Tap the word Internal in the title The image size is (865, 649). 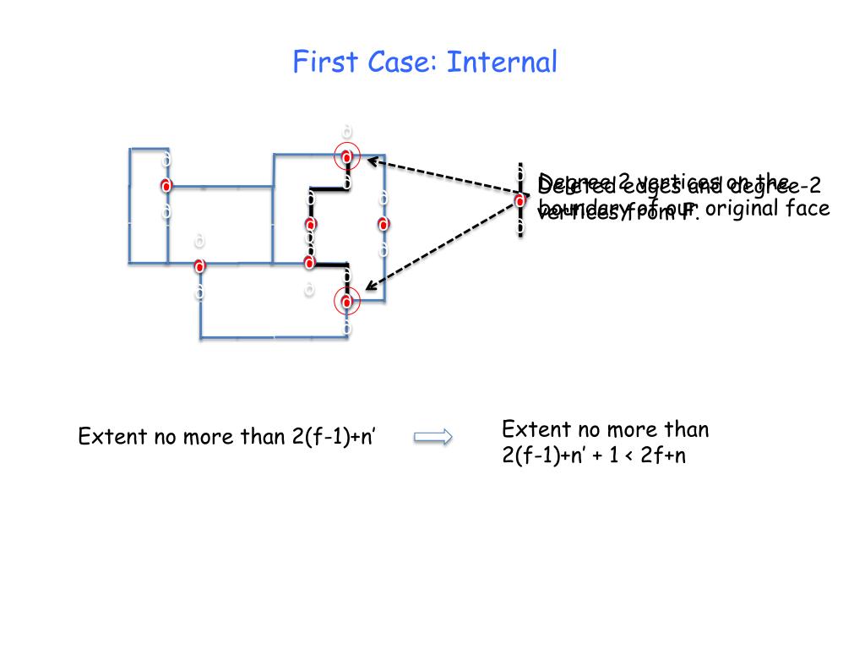pos(503,62)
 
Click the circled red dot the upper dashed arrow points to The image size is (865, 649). pos(347,155)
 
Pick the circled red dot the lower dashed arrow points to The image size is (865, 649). pos(347,300)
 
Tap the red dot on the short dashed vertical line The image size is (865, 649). pos(520,200)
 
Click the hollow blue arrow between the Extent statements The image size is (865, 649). pos(433,436)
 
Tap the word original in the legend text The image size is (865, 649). pos(741,208)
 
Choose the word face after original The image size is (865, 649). pos(808,208)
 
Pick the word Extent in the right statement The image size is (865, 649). pos(531,429)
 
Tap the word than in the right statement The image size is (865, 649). pos(684,429)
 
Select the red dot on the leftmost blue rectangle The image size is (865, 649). pos(166,185)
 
